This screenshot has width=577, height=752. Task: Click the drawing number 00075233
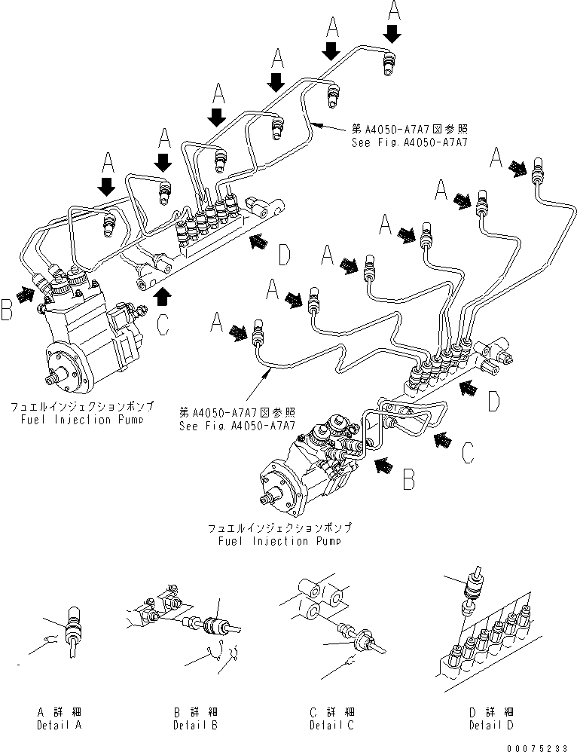[x=540, y=744]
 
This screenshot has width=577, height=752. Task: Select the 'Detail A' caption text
[x=60, y=725]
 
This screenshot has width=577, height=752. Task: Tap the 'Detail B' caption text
[x=195, y=725]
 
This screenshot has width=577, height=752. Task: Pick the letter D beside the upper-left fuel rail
[x=283, y=255]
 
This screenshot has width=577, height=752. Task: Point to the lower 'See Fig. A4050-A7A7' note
[x=237, y=424]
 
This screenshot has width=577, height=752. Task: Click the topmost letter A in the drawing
[x=393, y=10]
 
